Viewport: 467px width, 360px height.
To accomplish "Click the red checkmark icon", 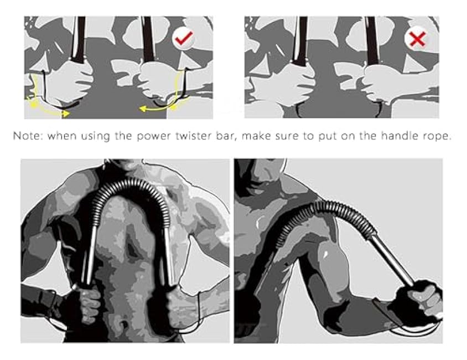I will (183, 38).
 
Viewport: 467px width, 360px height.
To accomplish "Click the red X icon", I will (416, 39).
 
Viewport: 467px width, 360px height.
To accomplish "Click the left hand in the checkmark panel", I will (70, 80).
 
